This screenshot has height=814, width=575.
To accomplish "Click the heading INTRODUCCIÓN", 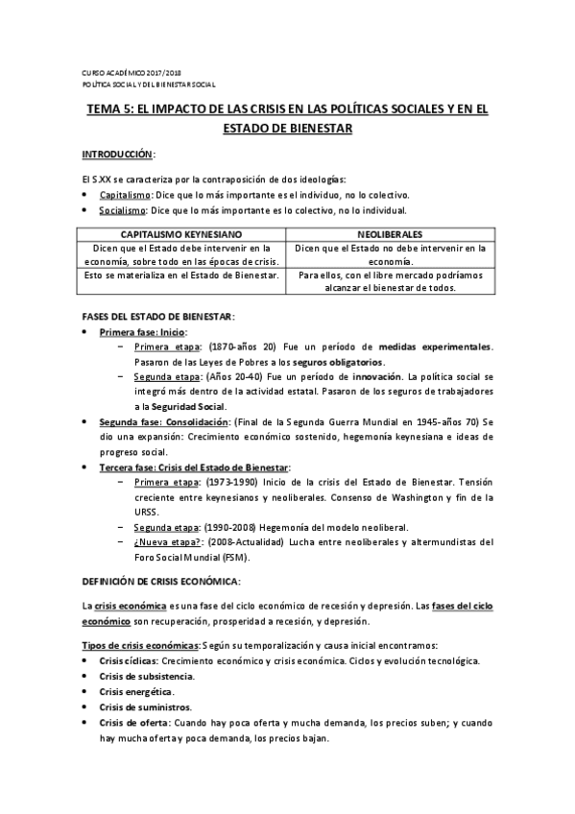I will pyautogui.click(x=117, y=155).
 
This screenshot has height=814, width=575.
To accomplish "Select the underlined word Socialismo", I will pyautogui.click(x=124, y=210).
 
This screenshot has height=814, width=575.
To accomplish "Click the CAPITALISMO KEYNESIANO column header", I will pyautogui.click(x=181, y=234).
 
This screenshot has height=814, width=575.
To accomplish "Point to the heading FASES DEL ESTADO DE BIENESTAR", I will pyautogui.click(x=156, y=317).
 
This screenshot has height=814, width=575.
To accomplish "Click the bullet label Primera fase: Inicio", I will pyautogui.click(x=142, y=332).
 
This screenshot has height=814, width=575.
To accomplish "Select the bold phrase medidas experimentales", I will pyautogui.click(x=449, y=347).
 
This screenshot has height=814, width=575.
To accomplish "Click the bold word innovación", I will pyautogui.click(x=377, y=377).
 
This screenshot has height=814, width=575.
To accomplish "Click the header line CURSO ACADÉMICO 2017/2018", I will pyautogui.click(x=132, y=72).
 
